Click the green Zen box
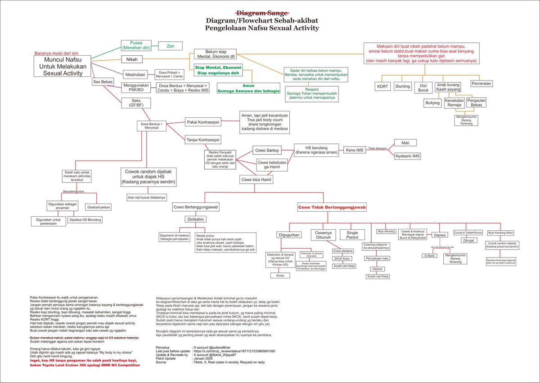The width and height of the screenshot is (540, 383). pos(171,46)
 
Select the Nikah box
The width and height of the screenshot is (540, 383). pos(132,59)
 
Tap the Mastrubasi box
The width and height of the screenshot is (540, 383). pos(136,74)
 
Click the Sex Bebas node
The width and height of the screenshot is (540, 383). pos(103,82)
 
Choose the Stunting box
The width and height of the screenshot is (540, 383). pos(402,85)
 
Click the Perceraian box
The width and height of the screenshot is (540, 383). pos(481,83)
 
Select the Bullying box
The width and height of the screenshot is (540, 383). pos(432,103)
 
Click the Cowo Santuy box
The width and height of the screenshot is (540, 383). pos(267,150)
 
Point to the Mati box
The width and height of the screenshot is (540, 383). pos(405,143)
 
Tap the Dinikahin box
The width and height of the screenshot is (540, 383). pos(196,219)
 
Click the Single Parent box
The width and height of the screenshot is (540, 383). pos(352,235)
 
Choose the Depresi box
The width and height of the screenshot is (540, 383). pos(439,235)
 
